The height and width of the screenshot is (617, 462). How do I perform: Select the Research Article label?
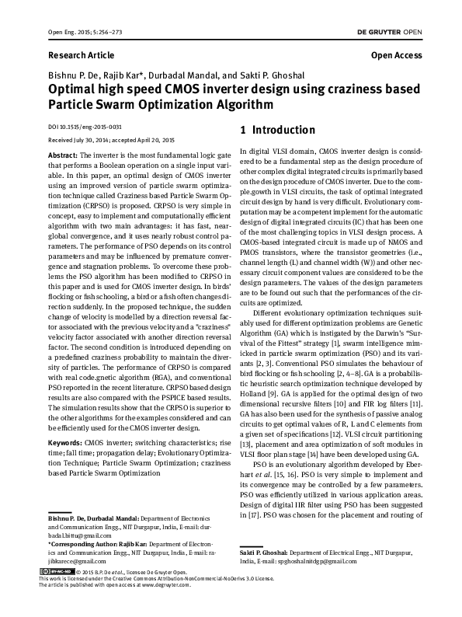[81, 56]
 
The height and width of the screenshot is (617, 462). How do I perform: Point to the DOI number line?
[85, 126]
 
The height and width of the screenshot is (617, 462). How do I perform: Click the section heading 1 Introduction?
[278, 130]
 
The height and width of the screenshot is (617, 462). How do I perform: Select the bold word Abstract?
[63, 155]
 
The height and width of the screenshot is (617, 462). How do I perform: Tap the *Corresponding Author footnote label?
[75, 566]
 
